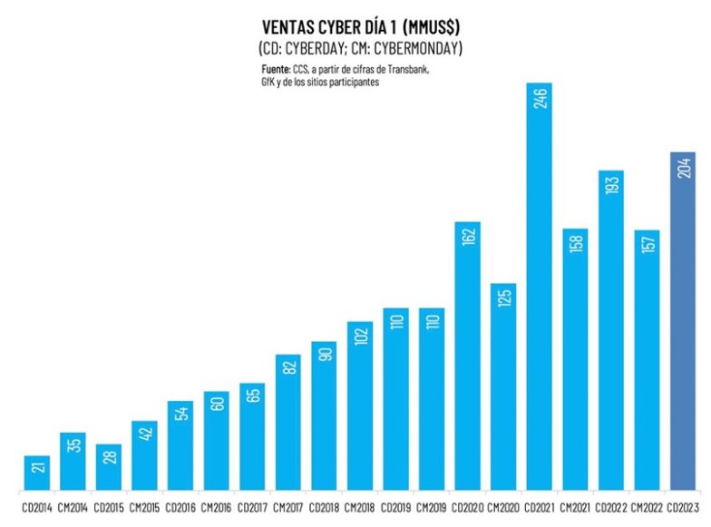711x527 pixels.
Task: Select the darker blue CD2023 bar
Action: (x=682, y=327)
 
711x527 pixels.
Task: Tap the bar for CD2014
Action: (x=36, y=472)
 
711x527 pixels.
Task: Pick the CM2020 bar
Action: (x=503, y=390)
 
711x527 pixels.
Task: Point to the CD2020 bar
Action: (x=467, y=363)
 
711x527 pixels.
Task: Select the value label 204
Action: (x=683, y=169)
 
